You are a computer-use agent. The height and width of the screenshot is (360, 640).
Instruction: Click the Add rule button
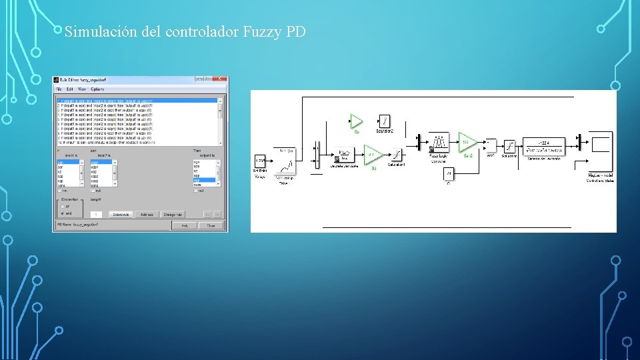coord(146,214)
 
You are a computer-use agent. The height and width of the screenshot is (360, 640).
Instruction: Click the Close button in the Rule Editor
coord(211,225)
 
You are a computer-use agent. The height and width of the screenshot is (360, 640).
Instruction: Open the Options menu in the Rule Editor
coord(97,89)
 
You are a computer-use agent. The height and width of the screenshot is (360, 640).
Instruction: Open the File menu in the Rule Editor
coord(59,89)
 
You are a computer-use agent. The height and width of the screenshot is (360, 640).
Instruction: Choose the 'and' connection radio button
coord(63,213)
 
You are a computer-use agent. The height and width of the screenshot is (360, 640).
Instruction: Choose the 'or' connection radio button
coord(63,206)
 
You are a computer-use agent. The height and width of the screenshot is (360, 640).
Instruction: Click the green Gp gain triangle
coord(356,121)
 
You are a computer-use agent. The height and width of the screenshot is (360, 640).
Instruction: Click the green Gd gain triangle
coord(372,155)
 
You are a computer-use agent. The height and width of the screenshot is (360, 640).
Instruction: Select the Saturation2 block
coord(385,121)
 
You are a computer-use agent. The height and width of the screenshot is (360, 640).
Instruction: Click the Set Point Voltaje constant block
coord(259,161)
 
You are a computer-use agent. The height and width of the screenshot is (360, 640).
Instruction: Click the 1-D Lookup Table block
coord(287,162)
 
